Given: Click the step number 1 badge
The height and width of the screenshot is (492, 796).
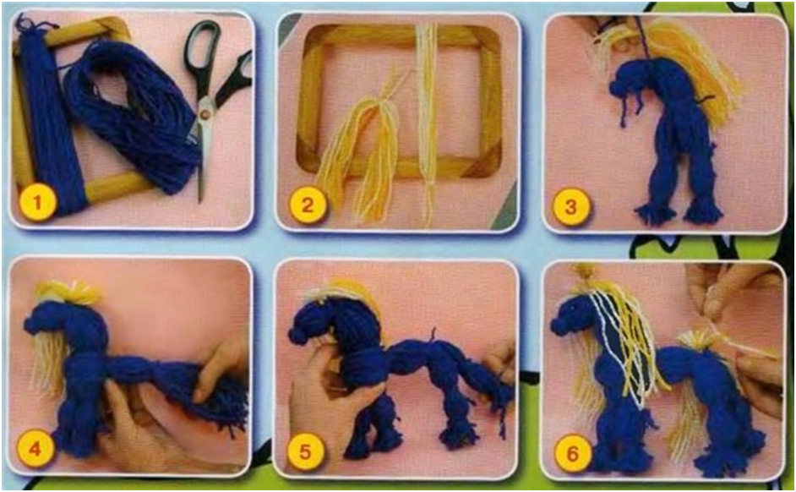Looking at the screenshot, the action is tap(37, 203).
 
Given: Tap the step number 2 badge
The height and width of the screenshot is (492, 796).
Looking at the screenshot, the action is tap(307, 205).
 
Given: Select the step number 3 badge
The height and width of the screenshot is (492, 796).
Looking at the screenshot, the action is tap(571, 207).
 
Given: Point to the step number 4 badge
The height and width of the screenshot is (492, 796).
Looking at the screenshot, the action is tap(35, 448).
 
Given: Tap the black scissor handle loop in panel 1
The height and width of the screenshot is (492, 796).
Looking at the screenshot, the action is tap(202, 46).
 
